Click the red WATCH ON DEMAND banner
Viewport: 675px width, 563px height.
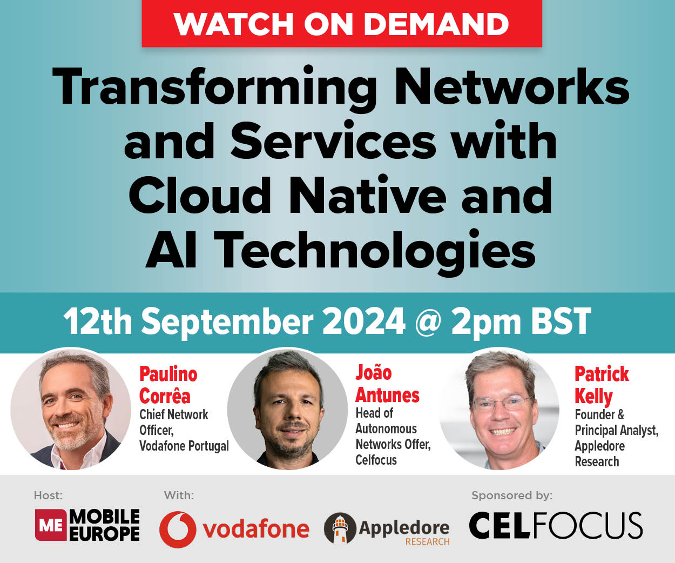tap(341, 24)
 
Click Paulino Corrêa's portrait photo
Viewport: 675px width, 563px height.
tap(71, 409)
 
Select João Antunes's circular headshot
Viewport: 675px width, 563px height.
tap(287, 409)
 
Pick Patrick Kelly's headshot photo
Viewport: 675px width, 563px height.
tap(499, 409)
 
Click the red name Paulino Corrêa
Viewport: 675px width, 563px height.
tap(167, 385)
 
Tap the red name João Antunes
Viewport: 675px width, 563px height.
tap(387, 384)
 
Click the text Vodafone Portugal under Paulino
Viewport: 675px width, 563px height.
tap(184, 446)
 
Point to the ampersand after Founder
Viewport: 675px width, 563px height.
tap(620, 415)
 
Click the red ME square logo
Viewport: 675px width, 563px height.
tap(51, 525)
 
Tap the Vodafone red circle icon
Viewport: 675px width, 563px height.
tap(178, 530)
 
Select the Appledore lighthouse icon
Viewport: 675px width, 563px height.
tap(340, 528)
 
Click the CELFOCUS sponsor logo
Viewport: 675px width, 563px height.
tap(555, 526)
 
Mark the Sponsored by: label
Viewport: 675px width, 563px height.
tap(511, 495)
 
